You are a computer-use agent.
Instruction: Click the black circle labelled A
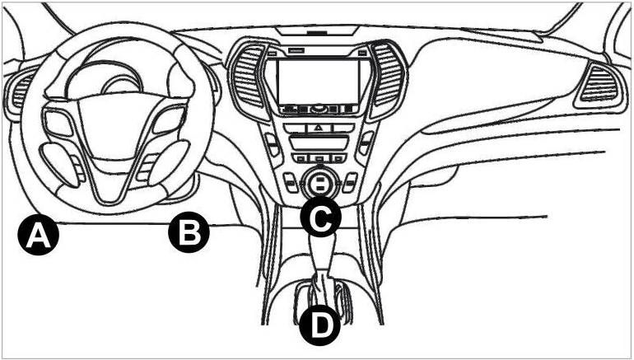[x=39, y=235]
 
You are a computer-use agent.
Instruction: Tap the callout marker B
[x=189, y=232]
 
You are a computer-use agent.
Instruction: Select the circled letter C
[x=320, y=217]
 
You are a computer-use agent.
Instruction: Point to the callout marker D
[x=320, y=325]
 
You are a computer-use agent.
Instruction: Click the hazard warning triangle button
[x=319, y=128]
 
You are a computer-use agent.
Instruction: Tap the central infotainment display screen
[x=319, y=81]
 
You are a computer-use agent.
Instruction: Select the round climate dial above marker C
[x=319, y=182]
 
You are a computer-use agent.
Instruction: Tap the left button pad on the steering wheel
[x=58, y=123]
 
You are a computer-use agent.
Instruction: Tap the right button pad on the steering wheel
[x=170, y=120]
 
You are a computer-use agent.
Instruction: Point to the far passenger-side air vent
[x=599, y=84]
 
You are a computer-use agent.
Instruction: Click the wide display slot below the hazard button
[x=319, y=143]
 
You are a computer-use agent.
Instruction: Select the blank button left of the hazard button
[x=295, y=129]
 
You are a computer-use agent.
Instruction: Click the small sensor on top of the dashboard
[x=317, y=31]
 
